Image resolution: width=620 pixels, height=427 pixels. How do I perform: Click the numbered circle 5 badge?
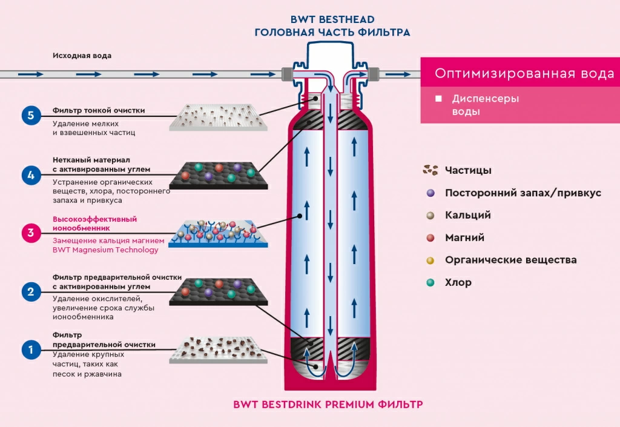[31, 116]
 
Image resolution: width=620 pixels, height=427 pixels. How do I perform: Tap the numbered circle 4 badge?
[31, 175]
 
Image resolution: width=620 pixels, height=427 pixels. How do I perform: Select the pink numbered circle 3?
[31, 233]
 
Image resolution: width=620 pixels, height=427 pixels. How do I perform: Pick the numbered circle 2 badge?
[31, 292]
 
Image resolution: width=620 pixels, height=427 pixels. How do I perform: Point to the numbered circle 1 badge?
[31, 349]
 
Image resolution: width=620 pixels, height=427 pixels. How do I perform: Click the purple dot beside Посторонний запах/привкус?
[430, 193]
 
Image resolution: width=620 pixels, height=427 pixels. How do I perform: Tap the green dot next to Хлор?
[430, 282]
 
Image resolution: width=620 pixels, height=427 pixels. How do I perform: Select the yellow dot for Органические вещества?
[430, 260]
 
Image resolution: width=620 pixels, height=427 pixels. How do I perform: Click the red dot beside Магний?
[430, 237]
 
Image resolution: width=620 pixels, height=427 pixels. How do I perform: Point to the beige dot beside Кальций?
[430, 216]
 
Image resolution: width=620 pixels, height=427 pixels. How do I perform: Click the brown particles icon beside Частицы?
[430, 170]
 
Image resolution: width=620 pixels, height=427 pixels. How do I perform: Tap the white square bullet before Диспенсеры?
[438, 99]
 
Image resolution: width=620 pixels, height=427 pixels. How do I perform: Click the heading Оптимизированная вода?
[524, 73]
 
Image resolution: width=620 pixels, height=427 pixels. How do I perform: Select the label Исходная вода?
[82, 56]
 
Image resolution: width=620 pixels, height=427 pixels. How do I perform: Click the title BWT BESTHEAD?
[332, 19]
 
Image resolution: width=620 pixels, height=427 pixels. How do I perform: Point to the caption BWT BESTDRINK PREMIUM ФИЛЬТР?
[328, 405]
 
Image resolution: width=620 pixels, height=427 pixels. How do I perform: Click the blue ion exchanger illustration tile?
[218, 234]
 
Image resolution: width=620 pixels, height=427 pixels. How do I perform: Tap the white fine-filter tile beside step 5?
[218, 118]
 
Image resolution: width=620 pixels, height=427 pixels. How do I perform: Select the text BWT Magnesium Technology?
[105, 250]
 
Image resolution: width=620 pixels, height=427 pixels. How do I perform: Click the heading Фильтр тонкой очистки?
[99, 110]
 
